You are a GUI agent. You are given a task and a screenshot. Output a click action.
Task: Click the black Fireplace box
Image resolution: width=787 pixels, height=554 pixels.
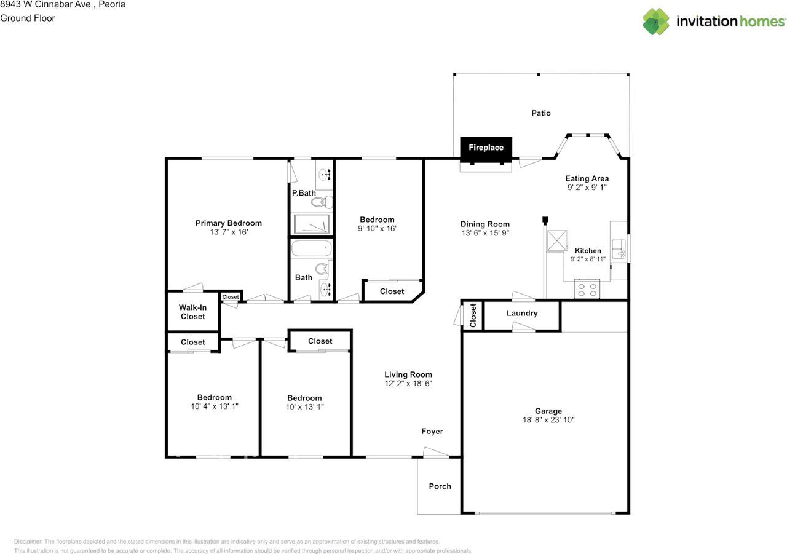click(486, 149)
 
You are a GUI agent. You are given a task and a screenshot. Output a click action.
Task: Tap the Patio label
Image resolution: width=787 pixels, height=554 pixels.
click(540, 113)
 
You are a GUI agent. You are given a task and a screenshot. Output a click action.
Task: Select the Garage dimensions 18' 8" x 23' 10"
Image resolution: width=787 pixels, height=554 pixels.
click(548, 420)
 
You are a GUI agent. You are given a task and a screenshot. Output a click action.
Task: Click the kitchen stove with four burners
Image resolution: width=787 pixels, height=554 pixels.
click(587, 289)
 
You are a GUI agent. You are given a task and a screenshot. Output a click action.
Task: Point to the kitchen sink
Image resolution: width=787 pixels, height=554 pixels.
click(619, 249)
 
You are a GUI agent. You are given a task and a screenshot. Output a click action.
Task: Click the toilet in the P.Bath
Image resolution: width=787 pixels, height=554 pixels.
click(322, 202)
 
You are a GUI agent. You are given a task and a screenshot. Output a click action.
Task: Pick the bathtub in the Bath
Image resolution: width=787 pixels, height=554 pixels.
click(311, 248)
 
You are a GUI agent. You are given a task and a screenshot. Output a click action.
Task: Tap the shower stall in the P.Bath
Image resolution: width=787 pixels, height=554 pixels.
click(312, 224)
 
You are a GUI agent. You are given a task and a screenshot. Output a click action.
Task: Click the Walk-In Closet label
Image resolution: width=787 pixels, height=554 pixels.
click(192, 312)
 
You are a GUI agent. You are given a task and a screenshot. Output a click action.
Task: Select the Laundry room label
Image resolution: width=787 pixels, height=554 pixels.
click(522, 313)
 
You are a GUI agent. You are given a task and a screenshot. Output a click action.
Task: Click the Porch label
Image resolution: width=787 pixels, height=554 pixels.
click(440, 486)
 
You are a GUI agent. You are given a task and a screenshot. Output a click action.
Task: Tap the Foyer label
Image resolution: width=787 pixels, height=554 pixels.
click(432, 432)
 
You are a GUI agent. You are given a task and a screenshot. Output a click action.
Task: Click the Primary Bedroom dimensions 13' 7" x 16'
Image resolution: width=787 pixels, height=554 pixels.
click(229, 232)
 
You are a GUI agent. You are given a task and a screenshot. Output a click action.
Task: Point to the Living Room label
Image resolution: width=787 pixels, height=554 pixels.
click(408, 374)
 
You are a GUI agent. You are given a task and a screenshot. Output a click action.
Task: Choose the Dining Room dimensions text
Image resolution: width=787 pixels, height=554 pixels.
click(485, 233)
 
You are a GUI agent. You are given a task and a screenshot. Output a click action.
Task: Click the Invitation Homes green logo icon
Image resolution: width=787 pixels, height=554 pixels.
click(655, 22)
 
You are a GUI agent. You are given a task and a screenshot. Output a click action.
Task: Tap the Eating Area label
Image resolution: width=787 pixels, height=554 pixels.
click(587, 178)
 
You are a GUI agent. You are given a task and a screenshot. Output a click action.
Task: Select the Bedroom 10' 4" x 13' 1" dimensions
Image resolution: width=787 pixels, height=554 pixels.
click(215, 406)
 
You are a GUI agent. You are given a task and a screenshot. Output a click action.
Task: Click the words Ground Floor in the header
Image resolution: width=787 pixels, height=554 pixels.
click(28, 18)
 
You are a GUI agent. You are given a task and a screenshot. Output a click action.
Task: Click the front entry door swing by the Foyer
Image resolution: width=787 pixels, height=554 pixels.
click(436, 452)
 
